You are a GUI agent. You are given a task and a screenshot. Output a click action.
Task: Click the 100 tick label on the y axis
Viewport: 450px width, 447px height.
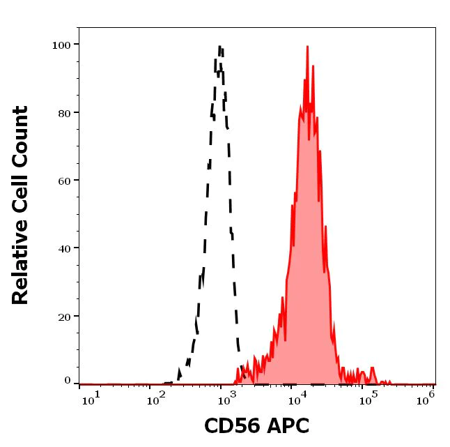62,45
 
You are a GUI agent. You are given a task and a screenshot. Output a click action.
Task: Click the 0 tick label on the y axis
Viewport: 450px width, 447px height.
68,381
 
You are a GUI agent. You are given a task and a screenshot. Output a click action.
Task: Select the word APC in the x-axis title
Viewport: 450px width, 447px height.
286,426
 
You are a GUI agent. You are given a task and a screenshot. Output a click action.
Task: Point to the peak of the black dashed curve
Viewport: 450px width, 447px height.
219,47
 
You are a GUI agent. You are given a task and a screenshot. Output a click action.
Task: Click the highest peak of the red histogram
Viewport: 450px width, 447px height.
307,47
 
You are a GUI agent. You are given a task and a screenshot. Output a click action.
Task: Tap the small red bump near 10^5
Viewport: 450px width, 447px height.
372,369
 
